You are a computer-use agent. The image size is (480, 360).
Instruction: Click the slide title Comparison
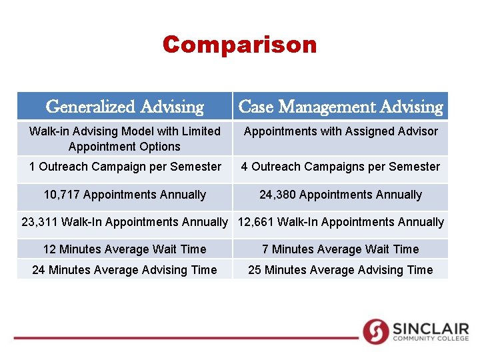pos(239,45)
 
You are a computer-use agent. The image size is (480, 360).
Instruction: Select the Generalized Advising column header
pos(125,107)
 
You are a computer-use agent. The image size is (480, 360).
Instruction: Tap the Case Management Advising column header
pos(340,107)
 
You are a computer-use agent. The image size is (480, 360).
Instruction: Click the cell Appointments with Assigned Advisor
pos(341,131)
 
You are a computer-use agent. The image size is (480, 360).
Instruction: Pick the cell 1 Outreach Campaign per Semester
pos(125,167)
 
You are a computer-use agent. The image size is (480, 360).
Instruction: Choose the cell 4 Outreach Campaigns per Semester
pos(341,167)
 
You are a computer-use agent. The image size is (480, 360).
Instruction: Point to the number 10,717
pos(62,195)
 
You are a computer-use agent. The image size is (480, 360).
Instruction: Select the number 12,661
pos(255,222)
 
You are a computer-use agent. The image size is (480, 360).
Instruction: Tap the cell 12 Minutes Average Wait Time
pos(125,249)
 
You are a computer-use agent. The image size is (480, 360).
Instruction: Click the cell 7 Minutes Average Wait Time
pos(341,249)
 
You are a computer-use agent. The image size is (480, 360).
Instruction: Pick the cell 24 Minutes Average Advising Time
pos(125,270)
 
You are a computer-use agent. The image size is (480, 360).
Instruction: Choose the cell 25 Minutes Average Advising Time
pos(341,270)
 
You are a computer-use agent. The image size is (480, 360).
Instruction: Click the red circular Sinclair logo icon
pos(375,331)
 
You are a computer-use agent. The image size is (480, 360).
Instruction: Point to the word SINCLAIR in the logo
pos(431,329)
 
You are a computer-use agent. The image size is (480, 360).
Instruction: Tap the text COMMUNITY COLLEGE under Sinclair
pos(431,339)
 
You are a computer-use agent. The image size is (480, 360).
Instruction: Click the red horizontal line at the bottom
pos(187,338)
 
